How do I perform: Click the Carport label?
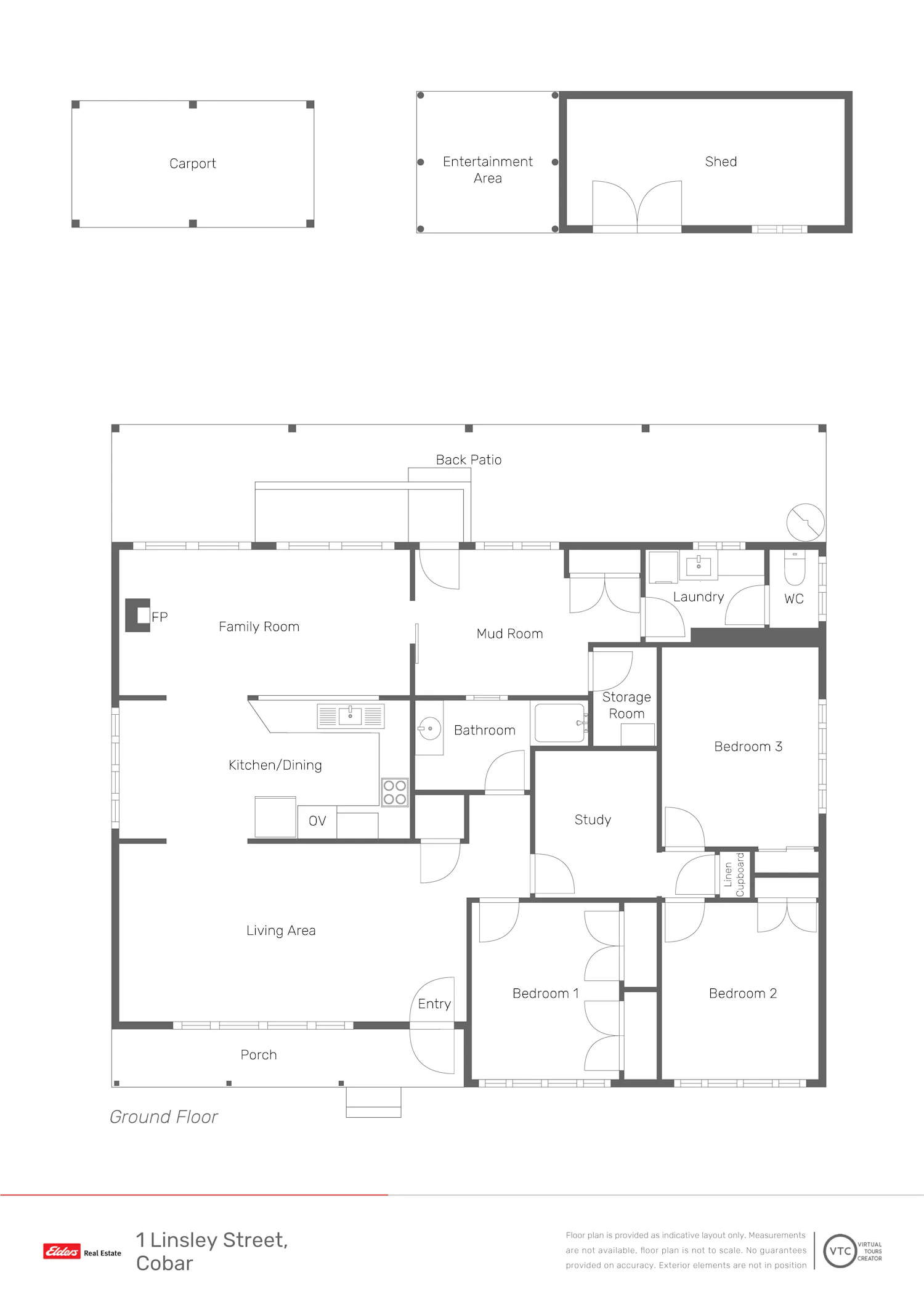pos(193,163)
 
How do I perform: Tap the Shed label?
pos(721,161)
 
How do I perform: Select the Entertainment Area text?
pos(488,169)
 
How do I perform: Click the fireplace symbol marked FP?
pos(138,615)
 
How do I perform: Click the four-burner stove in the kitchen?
pos(395,792)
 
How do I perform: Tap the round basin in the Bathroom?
pos(429,728)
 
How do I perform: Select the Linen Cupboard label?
pos(734,874)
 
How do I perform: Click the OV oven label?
pos(317,821)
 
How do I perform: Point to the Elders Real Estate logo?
pos(82,1252)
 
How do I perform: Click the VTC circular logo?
pos(840,1251)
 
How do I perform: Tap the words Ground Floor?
pos(164,1117)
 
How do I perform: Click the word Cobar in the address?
pos(164,1263)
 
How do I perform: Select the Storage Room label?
pos(626,705)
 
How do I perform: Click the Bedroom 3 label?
pos(748,746)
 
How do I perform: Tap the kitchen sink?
pos(351,716)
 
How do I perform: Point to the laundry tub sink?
pos(699,566)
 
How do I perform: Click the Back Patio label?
pos(469,460)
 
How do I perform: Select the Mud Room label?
pos(509,633)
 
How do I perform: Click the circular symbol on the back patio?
pos(806,523)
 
